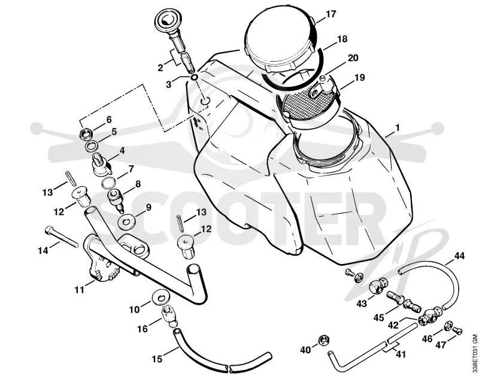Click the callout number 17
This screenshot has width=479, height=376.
[x=331, y=14]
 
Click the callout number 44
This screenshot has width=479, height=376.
[x=459, y=256]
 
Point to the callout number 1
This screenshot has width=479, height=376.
[x=397, y=128]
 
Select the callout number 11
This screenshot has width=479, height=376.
[x=80, y=289]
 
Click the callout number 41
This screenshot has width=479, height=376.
[x=401, y=354]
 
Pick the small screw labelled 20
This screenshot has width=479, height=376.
[x=322, y=79]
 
